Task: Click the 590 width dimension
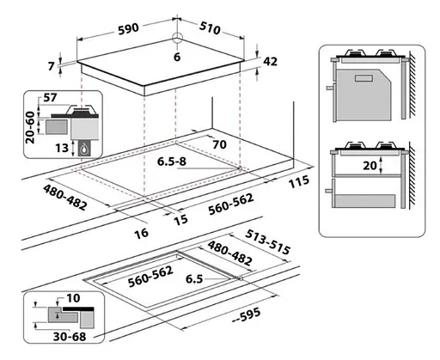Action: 128,28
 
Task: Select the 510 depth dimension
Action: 210,27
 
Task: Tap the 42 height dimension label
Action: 270,62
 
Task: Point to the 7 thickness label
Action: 52,66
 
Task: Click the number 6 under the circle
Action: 177,57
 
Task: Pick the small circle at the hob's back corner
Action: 178,37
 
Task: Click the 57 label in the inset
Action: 50,98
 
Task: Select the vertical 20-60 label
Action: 30,127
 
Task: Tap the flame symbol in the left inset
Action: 83,148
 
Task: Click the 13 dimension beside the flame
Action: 62,148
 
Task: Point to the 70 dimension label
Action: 219,144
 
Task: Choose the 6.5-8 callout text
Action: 172,162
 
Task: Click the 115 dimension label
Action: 299,181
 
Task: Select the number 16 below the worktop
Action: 142,233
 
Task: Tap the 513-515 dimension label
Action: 268,242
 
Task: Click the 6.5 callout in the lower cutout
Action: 194,279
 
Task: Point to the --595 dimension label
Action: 247,315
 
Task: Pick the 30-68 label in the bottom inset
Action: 70,337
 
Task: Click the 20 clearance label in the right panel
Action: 370,165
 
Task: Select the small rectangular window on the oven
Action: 364,78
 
